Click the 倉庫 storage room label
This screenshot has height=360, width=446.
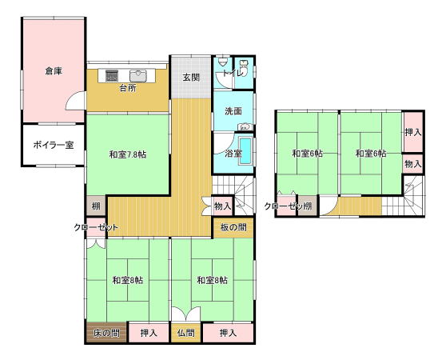(54, 71)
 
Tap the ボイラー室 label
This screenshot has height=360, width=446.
(54, 145)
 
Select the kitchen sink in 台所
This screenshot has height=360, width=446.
(138, 76)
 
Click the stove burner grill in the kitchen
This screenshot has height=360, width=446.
(112, 75)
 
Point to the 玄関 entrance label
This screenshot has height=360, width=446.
(191, 78)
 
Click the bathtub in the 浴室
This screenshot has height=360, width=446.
(245, 151)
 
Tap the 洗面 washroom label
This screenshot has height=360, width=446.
(233, 111)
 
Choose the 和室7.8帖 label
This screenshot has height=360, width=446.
(128, 154)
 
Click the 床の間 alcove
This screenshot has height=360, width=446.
(106, 332)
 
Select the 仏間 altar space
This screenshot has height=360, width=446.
(186, 332)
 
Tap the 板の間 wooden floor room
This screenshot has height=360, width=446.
(233, 228)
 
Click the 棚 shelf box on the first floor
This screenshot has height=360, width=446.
(96, 206)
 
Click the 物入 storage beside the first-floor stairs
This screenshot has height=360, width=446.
(223, 206)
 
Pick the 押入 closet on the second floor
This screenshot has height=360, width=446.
(413, 132)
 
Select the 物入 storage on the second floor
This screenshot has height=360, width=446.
(413, 164)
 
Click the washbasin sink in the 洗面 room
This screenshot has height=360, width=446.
(245, 126)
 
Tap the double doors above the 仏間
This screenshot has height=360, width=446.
(186, 314)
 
